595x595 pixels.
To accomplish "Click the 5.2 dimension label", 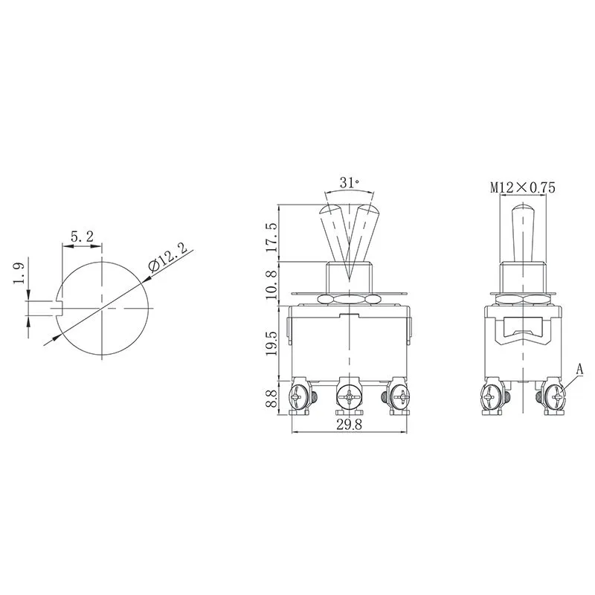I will (x=81, y=237).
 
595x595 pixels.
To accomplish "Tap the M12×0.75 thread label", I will (x=523, y=188).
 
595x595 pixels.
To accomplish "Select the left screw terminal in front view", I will (x=300, y=397).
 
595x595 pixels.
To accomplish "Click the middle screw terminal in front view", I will (x=348, y=397).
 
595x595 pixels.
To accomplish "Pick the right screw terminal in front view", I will (x=397, y=397).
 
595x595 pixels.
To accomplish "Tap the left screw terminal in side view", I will (x=491, y=397).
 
